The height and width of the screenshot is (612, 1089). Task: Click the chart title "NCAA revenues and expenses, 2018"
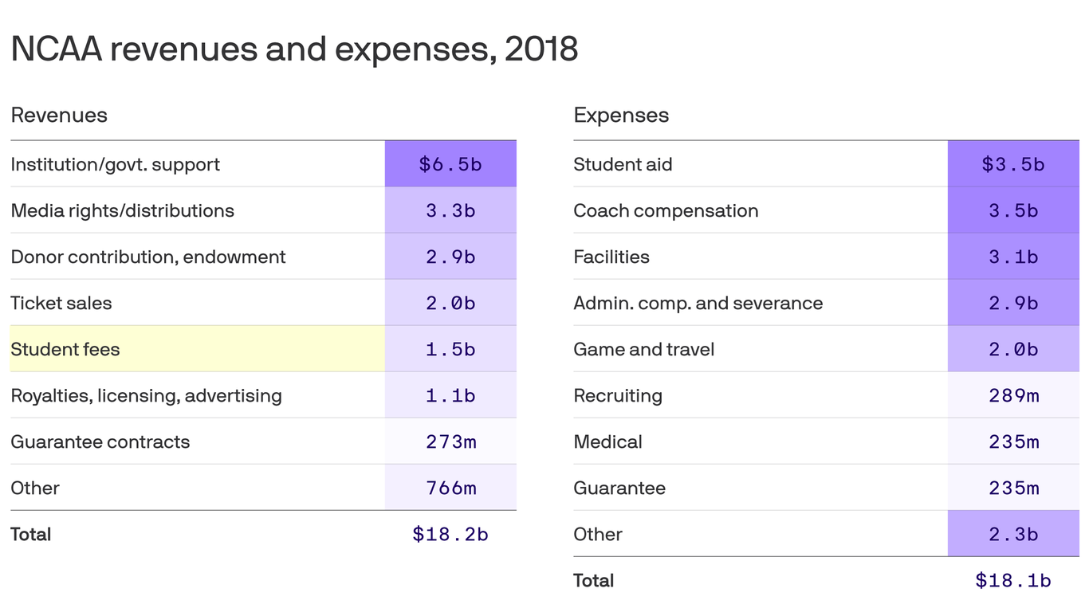[x=294, y=49]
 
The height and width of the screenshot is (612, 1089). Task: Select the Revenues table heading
[x=59, y=116]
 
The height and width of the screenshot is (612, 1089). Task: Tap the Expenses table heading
[x=621, y=116]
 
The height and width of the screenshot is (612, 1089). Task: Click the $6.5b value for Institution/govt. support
[x=450, y=164]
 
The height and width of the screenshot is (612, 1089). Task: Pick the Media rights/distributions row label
[x=122, y=210]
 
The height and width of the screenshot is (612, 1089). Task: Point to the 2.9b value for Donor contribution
[x=450, y=257]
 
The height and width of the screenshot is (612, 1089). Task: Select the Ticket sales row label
[x=61, y=303]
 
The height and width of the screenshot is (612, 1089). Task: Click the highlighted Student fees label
[x=65, y=349]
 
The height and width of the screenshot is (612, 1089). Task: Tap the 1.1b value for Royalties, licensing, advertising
[x=450, y=395]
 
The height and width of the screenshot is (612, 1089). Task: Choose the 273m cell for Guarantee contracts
[x=450, y=441]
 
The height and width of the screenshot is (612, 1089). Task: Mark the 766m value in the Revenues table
[x=450, y=488]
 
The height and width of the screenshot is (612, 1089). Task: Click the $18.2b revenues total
[x=450, y=534]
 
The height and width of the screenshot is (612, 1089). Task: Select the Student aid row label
[x=623, y=164]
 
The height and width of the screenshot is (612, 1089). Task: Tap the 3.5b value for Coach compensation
[x=1013, y=210]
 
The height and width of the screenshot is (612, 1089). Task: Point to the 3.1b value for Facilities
[x=1013, y=257]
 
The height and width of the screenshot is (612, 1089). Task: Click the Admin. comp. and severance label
[x=698, y=303]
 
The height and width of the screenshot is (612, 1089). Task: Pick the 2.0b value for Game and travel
[x=1013, y=349]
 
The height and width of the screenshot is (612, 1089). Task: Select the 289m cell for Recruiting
[x=1013, y=395]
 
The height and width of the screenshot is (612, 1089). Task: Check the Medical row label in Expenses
[x=607, y=441]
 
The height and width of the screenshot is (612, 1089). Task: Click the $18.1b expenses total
[x=1013, y=580]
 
